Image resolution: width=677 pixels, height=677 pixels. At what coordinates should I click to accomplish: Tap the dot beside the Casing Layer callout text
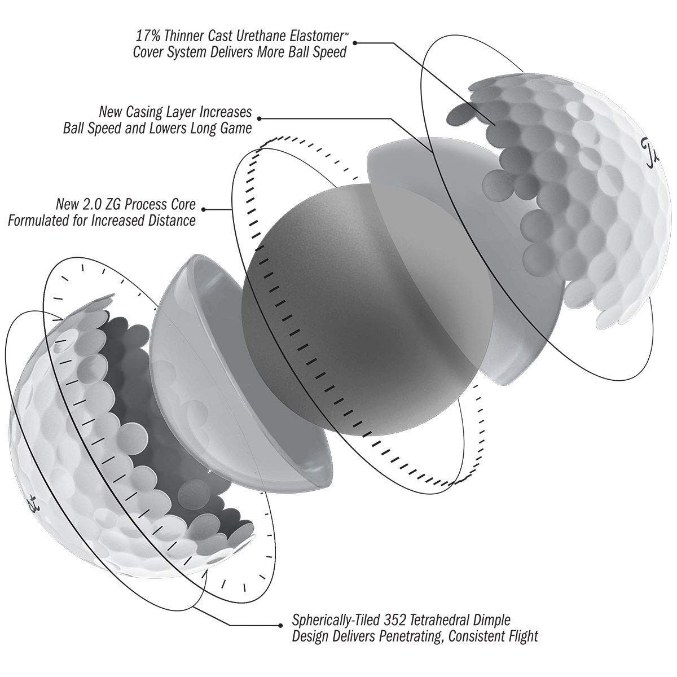pyautogui.click(x=259, y=118)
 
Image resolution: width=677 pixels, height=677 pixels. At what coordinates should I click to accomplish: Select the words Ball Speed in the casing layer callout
pyautogui.click(x=92, y=128)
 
